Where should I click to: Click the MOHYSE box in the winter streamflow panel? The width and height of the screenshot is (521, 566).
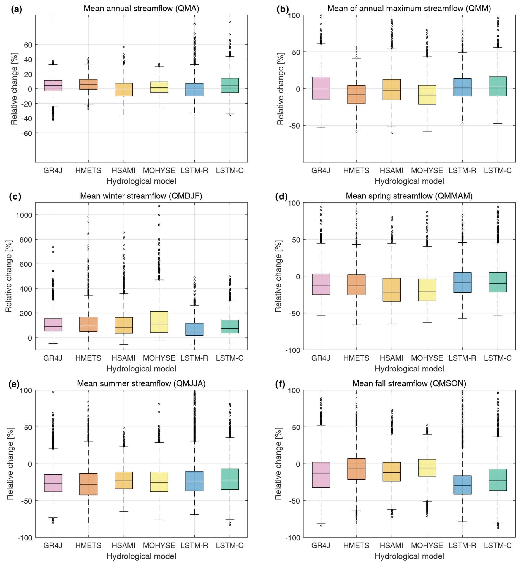coord(159,322)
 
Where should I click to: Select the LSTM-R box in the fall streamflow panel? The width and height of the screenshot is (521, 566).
coord(462,485)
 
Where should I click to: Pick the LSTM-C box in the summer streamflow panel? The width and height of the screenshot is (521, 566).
coord(230,479)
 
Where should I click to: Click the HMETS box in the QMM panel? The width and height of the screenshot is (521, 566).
coord(356,94)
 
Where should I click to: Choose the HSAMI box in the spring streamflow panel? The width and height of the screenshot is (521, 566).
coord(392,290)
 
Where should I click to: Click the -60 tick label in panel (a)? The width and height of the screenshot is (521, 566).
coord(26,133)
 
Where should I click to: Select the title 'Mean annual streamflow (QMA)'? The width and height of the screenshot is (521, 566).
coord(141,9)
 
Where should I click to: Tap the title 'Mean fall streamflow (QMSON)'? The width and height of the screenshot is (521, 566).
coord(409,383)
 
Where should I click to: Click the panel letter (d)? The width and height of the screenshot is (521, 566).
coord(281,196)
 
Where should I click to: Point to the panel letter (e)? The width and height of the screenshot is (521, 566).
coord(14,384)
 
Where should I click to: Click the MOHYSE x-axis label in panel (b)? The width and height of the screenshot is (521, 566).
coord(427,170)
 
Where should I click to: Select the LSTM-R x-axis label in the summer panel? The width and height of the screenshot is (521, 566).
coord(194,545)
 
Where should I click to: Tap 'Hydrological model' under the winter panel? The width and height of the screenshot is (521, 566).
coord(141,369)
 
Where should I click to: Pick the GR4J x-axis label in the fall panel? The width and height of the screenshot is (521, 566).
coord(321,545)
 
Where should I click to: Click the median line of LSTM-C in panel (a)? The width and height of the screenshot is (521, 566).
coord(230,86)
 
